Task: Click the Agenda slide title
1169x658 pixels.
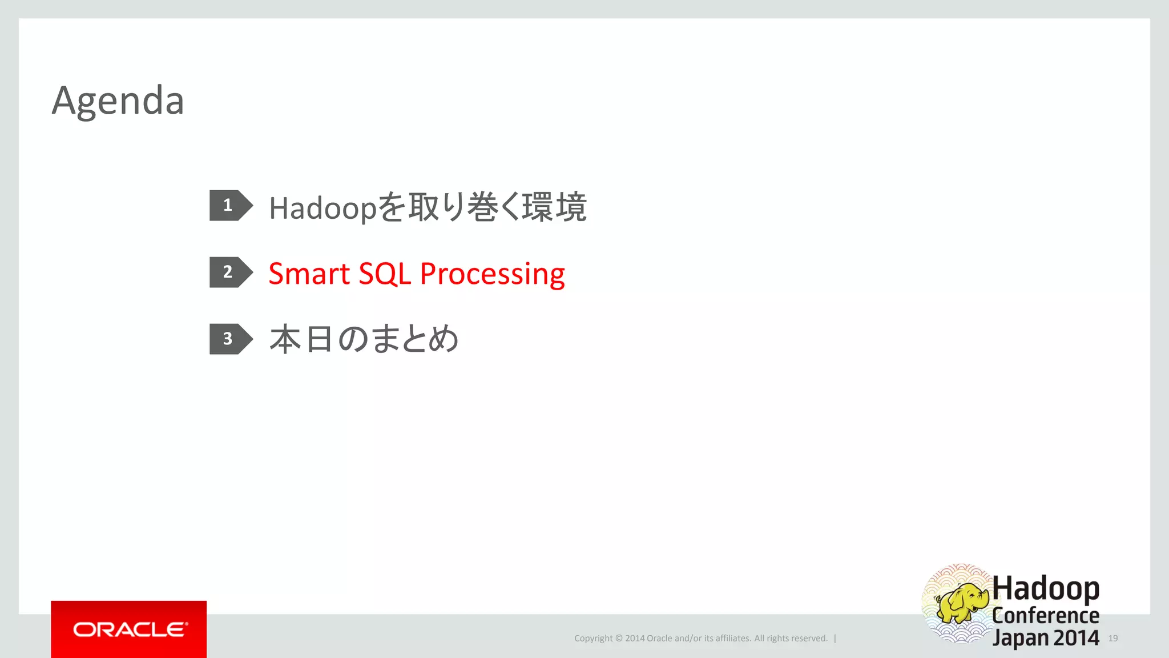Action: coord(118,101)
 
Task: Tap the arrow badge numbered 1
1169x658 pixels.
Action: coord(229,205)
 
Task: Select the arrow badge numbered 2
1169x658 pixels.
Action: coord(229,272)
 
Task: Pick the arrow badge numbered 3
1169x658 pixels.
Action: coord(229,339)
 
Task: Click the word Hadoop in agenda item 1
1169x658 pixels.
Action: coord(323,208)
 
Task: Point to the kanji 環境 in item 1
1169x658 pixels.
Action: coord(554,207)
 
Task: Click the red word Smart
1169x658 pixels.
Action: coord(309,274)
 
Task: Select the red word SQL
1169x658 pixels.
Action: coord(385,274)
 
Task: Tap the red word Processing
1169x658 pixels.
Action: coord(492,275)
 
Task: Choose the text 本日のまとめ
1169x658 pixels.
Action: coord(364,339)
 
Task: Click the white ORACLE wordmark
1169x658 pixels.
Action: coord(130,629)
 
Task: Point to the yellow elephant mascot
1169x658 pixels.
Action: coord(962,603)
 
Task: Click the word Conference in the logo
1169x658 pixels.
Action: coord(1046,615)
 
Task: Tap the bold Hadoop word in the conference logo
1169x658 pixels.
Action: coord(1046,588)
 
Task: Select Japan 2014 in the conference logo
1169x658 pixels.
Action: coord(1046,638)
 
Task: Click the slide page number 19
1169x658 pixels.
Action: coord(1113,638)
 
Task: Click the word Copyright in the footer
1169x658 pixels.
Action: coord(593,639)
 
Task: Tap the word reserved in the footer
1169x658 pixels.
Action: coord(807,639)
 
